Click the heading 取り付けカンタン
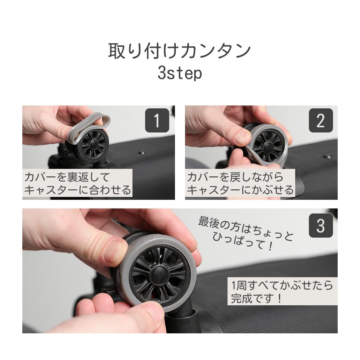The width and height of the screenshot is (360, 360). point(180,51)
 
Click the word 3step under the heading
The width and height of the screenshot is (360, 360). point(180,73)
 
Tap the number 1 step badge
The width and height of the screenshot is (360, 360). point(157,120)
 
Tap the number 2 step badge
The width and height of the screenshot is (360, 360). point(321,120)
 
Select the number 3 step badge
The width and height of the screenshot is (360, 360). point(321,225)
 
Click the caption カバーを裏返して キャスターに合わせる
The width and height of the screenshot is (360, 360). point(77,184)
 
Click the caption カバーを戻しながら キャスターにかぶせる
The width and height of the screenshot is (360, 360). point(240,184)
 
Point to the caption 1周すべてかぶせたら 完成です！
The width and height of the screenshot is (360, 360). point(282,292)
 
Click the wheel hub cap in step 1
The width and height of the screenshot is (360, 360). point(94,144)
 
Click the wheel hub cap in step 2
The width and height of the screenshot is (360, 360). point(269,147)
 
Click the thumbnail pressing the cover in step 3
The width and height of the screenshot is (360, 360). point(114,251)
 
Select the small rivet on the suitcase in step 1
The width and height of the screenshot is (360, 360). point(142,153)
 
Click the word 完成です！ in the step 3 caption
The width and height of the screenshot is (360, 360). point(256,298)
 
